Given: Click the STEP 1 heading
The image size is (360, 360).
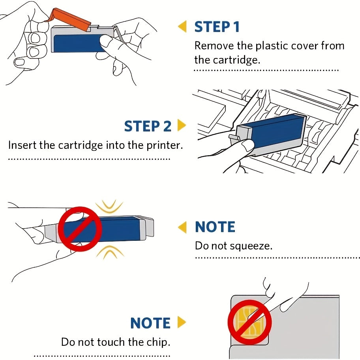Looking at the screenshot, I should pyautogui.click(x=217, y=27).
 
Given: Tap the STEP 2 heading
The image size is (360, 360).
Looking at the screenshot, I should pyautogui.click(x=148, y=126).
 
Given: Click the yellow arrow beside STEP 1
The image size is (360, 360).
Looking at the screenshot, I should pyautogui.click(x=182, y=27).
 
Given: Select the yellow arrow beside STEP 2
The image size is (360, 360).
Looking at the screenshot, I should pyautogui.click(x=182, y=126).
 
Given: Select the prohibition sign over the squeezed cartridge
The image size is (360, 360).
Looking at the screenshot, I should pyautogui.click(x=81, y=229).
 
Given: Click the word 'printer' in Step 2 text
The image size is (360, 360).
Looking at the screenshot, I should pyautogui.click(x=165, y=145).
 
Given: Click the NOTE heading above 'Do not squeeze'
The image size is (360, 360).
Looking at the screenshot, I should pyautogui.click(x=215, y=227).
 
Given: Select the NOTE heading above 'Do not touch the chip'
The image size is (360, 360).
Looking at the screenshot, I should pyautogui.click(x=150, y=323).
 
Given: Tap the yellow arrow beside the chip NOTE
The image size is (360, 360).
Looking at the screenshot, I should pyautogui.click(x=182, y=322).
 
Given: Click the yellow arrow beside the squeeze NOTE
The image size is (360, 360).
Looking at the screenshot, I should pyautogui.click(x=182, y=227).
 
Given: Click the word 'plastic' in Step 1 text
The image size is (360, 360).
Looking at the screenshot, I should pyautogui.click(x=272, y=46).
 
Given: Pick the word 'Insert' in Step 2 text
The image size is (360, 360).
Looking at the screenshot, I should pyautogui.click(x=22, y=145).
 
